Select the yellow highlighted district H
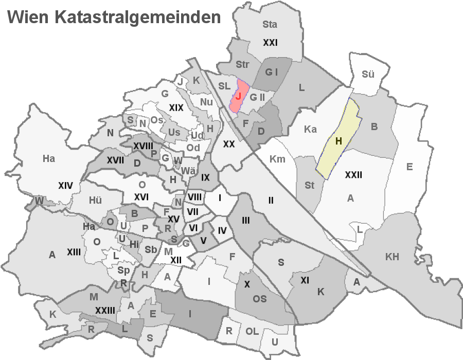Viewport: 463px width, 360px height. point(339,140)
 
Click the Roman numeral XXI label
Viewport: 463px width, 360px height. point(270,43)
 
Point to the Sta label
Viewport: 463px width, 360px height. point(270,24)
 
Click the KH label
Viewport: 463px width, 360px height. point(391,257)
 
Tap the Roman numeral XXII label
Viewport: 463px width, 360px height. point(353,175)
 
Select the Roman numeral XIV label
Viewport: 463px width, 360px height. point(65,185)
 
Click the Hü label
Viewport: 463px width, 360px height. point(96,201)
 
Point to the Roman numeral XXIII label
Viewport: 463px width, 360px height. point(104,310)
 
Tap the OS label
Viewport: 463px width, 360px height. point(259,298)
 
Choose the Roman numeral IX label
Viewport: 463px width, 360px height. point(205,177)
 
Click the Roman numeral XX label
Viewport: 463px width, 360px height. point(229,145)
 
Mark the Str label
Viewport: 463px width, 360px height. point(242,65)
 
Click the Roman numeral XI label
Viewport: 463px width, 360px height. point(305,281)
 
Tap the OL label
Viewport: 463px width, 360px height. point(252,332)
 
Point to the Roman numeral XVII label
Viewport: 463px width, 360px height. point(115,160)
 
